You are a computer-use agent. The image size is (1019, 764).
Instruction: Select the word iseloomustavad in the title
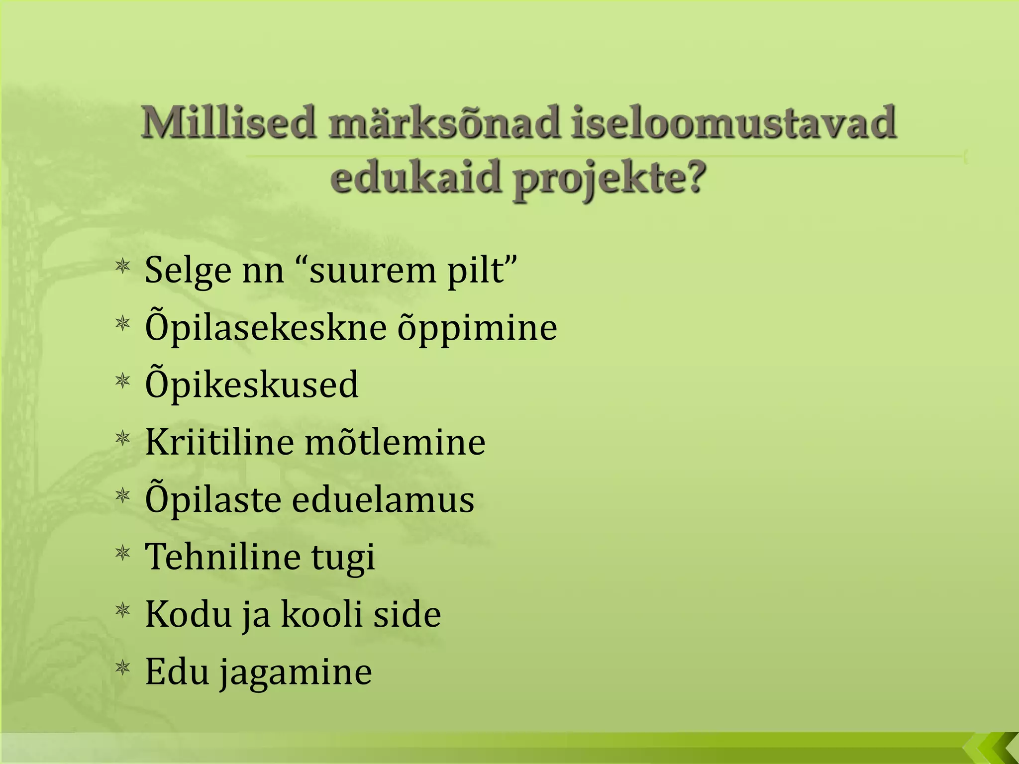pyautogui.click(x=733, y=122)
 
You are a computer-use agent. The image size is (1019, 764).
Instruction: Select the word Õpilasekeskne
pyautogui.click(x=266, y=328)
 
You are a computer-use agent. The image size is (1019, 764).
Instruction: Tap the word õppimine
pyautogui.click(x=477, y=328)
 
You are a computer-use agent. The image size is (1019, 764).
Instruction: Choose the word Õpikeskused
pyautogui.click(x=251, y=384)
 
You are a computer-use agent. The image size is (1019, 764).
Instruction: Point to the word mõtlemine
pyautogui.click(x=395, y=442)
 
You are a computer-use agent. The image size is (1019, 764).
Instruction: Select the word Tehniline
pyautogui.click(x=222, y=557)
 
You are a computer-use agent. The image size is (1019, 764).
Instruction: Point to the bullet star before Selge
pyautogui.click(x=122, y=267)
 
